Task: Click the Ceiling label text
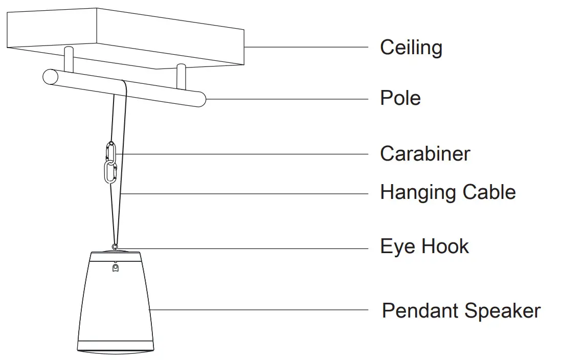click(411, 48)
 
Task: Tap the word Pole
click(400, 98)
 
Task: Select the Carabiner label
click(424, 153)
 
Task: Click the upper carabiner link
click(111, 151)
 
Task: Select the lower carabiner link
click(110, 172)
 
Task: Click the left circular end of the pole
click(50, 77)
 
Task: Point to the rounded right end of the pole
click(200, 99)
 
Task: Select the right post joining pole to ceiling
click(179, 75)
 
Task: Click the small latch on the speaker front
click(115, 267)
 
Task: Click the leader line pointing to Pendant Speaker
click(256, 309)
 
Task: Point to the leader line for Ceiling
click(307, 47)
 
